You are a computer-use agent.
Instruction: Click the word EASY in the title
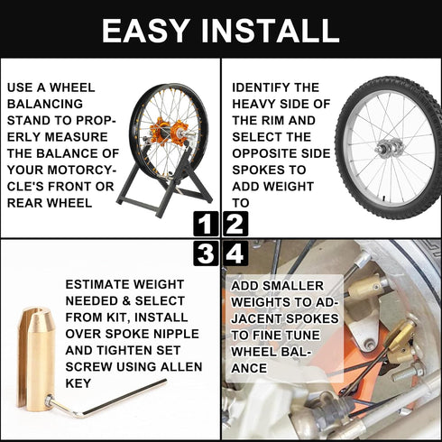pos(148,31)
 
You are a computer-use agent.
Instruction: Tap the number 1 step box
pos(207,224)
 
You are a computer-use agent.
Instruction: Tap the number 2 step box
pos(235,224)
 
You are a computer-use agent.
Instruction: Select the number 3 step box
pos(207,253)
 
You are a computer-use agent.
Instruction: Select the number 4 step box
pos(235,253)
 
